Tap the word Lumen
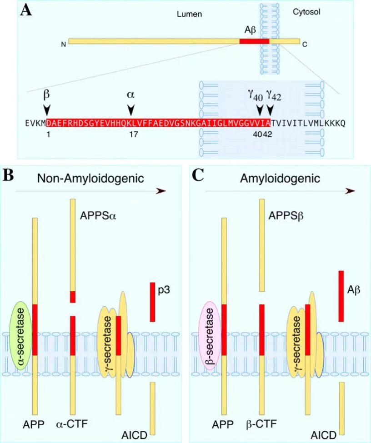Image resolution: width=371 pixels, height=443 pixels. pos(189,15)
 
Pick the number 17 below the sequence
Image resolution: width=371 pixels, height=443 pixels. pos(131,135)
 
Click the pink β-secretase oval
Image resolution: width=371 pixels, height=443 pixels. pos(210,335)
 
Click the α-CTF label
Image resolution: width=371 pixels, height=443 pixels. pos(72,424)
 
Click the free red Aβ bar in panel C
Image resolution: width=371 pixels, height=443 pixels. pos(341,296)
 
